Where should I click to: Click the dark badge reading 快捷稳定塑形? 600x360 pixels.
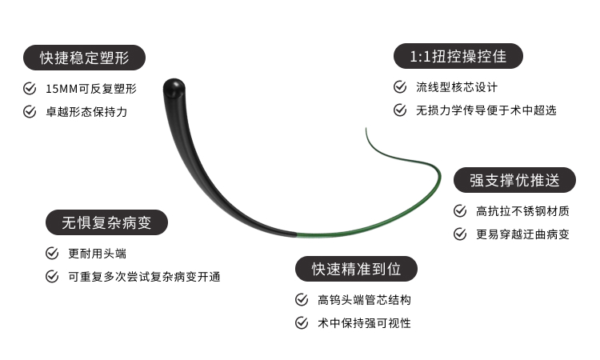(84, 58)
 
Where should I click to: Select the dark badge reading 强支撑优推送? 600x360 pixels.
(514, 180)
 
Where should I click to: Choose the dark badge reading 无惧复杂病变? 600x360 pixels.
(107, 222)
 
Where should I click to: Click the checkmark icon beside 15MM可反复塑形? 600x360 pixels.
(30, 88)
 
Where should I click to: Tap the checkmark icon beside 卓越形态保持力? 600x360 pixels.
(30, 112)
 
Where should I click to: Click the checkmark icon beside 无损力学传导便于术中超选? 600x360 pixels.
(400, 110)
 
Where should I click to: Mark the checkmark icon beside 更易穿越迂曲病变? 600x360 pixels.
(460, 234)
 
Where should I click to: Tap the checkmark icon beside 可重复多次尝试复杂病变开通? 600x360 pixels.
(52, 277)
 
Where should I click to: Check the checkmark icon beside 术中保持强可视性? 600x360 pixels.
(302, 323)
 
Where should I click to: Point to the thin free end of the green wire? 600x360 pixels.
(367, 127)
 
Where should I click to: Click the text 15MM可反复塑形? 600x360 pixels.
(91, 88)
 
